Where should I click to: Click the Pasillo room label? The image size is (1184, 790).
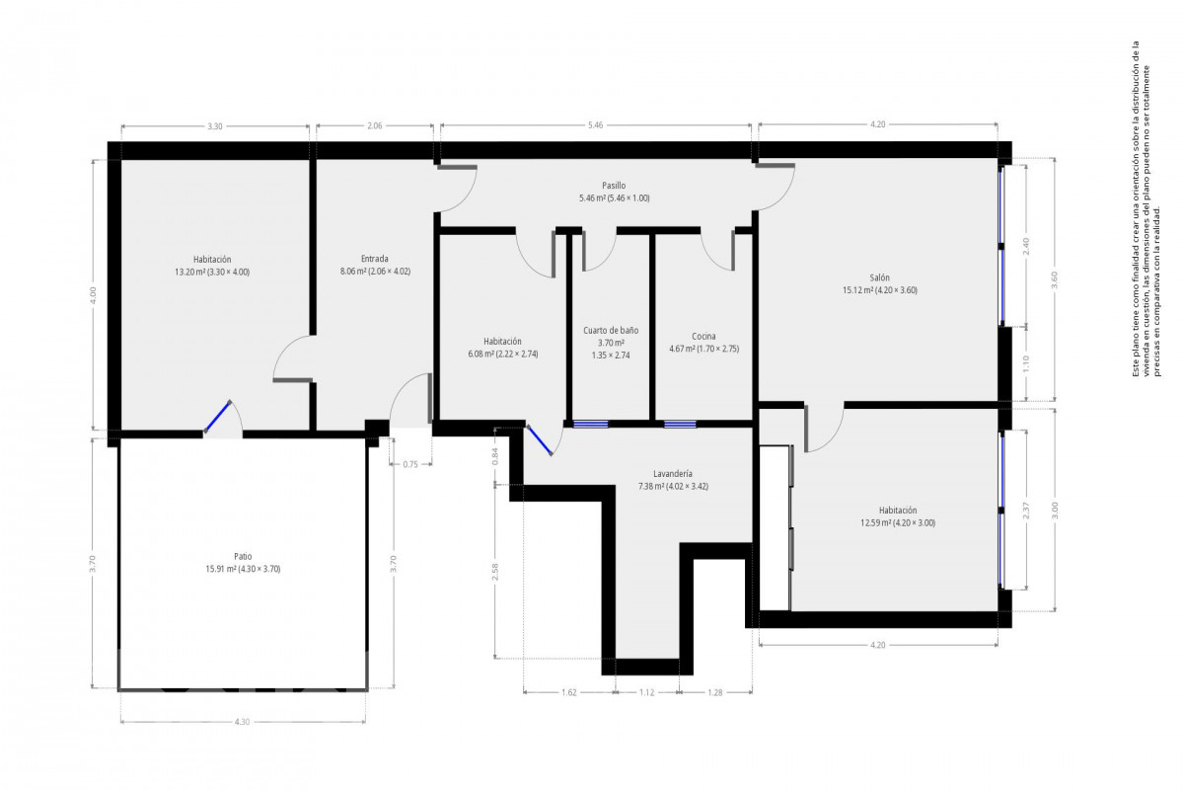pos(614,186)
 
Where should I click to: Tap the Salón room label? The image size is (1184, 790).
pos(879,277)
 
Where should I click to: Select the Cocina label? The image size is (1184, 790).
pos(703,336)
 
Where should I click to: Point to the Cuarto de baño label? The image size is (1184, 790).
pos(611,330)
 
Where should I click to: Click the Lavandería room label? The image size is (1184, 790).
pos(672,474)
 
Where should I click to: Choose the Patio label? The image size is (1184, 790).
pos(243,556)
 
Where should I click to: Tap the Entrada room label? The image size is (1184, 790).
pos(374,259)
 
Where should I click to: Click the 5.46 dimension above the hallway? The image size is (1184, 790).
pos(595,125)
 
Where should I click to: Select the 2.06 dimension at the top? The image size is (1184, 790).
pos(374,126)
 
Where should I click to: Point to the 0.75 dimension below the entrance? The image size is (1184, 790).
pos(410,464)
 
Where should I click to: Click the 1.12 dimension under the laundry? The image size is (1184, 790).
pos(646,692)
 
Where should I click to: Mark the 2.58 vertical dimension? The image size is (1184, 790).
pos(494,572)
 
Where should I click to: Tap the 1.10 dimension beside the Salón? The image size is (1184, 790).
pos(1026,363)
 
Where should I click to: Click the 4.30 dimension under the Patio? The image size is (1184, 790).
pos(242,722)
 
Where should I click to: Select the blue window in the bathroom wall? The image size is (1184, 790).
pos(591,424)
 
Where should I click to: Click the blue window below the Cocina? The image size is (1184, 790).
pos(680,424)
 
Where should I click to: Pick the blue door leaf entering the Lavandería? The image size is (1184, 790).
pos(539,439)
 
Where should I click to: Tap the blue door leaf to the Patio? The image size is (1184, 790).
pos(218,417)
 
